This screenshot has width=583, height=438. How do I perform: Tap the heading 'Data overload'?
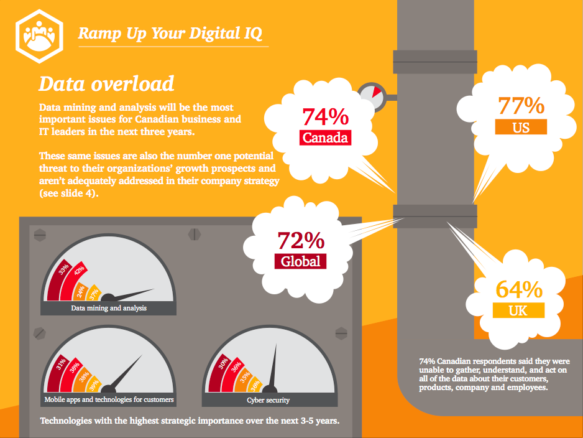(x=106, y=83)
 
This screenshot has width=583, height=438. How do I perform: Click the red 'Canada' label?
(x=325, y=137)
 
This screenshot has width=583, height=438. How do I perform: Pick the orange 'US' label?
(x=521, y=126)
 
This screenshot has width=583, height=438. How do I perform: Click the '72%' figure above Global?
(x=301, y=240)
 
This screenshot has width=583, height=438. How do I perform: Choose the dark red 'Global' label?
(x=301, y=261)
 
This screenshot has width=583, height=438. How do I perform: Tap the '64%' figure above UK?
(x=519, y=289)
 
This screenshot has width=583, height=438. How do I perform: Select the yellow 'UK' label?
(x=518, y=310)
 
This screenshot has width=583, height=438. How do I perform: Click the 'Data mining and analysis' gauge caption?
(x=109, y=308)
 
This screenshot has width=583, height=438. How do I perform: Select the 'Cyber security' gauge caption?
(x=269, y=400)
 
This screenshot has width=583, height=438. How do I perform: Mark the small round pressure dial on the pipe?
(x=372, y=96)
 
